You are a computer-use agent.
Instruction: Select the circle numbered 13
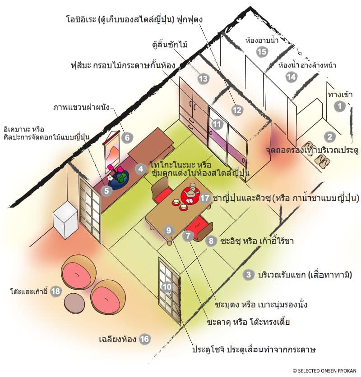pyautogui.click(x=203, y=78)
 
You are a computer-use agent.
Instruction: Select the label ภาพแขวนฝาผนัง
pyautogui.click(x=81, y=108)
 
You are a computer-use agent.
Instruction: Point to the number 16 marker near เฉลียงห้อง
pyautogui.click(x=145, y=339)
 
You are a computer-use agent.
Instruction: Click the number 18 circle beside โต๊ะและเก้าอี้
pyautogui.click(x=56, y=291)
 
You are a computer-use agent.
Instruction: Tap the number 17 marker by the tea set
pyautogui.click(x=206, y=198)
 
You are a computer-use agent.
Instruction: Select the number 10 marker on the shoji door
pyautogui.click(x=167, y=286)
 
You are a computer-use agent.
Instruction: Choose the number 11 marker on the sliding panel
pyautogui.click(x=218, y=123)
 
